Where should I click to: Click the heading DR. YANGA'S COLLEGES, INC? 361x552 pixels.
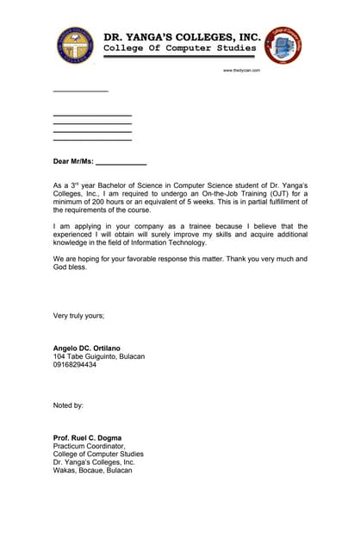182,37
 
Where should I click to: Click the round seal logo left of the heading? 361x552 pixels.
76,45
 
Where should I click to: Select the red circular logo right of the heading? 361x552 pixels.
283,45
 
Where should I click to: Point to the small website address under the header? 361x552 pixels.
242,70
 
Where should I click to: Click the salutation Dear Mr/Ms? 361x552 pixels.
73,161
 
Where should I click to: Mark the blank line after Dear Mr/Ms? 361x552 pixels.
121,163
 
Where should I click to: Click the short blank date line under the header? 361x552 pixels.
80,91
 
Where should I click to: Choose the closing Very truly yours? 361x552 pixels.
78,316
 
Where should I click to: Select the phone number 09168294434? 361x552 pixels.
75,365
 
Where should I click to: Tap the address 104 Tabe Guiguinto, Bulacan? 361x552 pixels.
99,356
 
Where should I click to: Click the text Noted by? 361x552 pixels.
68,405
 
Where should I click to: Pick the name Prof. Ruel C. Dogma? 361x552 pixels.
87,437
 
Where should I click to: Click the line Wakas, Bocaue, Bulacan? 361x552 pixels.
93,470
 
